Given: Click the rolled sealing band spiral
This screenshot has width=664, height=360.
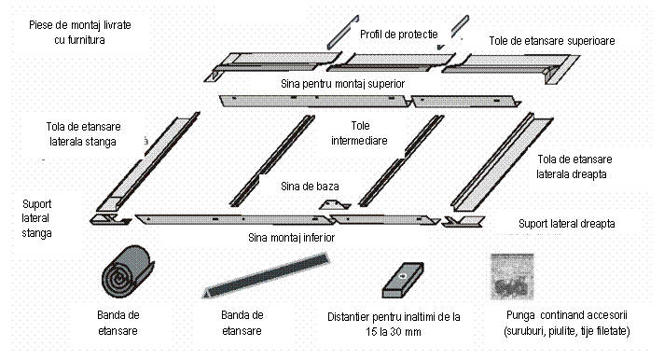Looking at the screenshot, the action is (128, 271).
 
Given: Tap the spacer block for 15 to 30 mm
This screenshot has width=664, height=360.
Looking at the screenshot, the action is (403, 280).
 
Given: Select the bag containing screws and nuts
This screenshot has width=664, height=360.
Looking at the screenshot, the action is (512, 277).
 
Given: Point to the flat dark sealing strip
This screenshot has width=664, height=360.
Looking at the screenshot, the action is (266, 275).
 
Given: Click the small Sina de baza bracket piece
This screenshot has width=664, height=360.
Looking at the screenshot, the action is (335, 204).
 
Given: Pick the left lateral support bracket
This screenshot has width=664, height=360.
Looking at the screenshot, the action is (110, 219).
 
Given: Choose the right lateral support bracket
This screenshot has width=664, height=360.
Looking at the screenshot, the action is (463, 222).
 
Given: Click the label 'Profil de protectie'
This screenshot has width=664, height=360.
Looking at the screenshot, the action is (399, 35).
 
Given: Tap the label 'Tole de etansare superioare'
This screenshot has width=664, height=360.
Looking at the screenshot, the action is (552, 41).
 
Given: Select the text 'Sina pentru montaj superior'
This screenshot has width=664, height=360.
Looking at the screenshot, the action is (342, 83).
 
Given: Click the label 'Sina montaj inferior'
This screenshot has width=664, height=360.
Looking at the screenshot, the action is (291, 238).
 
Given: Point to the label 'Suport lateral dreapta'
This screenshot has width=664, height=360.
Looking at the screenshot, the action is (567, 224).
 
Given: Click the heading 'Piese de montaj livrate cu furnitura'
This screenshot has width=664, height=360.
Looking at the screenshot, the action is (80, 33).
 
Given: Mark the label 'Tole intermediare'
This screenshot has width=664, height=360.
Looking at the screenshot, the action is (359, 133).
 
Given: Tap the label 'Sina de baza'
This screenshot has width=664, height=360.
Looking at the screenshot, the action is (310, 186).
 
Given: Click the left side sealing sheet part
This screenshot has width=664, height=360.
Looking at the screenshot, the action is (146, 163).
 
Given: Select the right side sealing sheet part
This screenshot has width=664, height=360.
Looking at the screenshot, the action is (502, 162).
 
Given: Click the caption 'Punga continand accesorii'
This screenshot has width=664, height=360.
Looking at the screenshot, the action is (567, 315).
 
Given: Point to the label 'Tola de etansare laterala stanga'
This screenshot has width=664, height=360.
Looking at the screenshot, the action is (83, 134).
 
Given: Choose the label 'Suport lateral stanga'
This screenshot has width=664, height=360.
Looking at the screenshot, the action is (37, 218).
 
